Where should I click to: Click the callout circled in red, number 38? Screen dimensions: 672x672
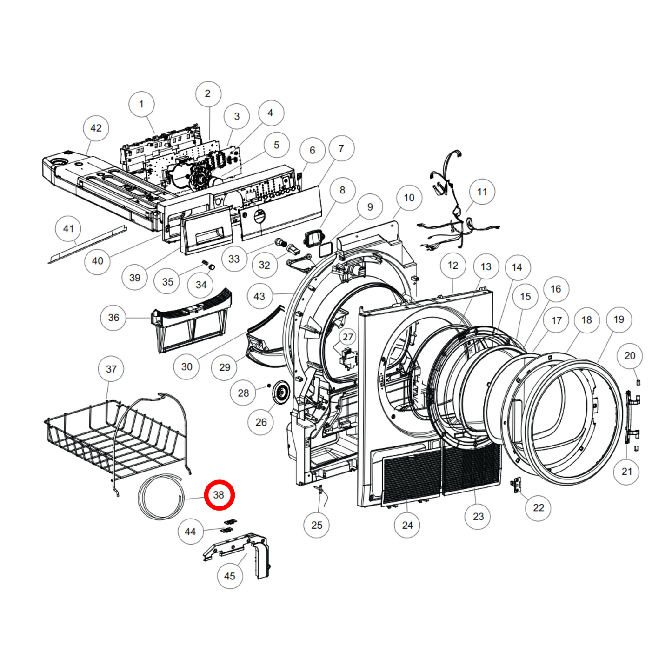click(219, 495)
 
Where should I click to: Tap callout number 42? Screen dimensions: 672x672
click(96, 128)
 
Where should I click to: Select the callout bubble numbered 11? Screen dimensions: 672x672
click(482, 192)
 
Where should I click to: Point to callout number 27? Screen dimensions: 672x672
click(347, 337)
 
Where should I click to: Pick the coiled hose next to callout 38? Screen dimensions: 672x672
click(161, 497)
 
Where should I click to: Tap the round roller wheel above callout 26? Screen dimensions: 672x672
click(281, 393)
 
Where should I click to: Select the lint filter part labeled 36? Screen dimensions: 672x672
click(191, 321)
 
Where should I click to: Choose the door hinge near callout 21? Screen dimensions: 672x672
click(632, 416)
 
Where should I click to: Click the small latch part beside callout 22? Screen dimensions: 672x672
click(516, 485)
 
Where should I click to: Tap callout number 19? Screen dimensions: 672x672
click(619, 319)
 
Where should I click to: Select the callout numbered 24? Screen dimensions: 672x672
click(407, 525)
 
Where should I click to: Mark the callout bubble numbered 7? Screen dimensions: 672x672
click(341, 148)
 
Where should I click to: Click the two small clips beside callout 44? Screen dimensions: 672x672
click(228, 526)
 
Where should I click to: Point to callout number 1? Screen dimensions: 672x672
click(141, 104)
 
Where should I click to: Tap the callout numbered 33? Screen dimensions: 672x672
click(234, 259)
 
